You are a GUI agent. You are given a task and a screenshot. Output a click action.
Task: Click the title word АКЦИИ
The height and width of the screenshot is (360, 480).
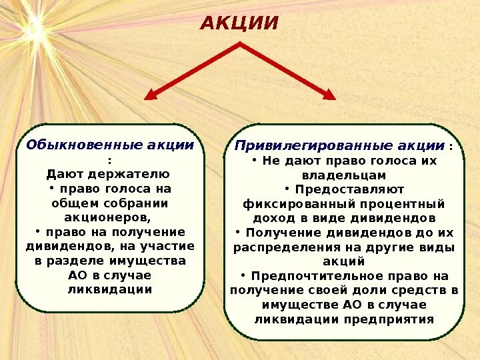(x=239, y=23)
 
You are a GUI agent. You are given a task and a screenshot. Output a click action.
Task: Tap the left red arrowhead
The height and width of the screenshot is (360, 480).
(x=151, y=95)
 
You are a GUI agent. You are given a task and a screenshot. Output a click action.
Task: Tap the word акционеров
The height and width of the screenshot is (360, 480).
(x=107, y=217)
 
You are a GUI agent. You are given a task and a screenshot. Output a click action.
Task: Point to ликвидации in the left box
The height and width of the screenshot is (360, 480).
(x=110, y=289)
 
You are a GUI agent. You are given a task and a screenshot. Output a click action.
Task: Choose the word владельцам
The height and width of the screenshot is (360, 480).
(x=343, y=175)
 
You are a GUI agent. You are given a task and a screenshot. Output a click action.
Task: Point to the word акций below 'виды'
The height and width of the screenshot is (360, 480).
(x=343, y=261)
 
